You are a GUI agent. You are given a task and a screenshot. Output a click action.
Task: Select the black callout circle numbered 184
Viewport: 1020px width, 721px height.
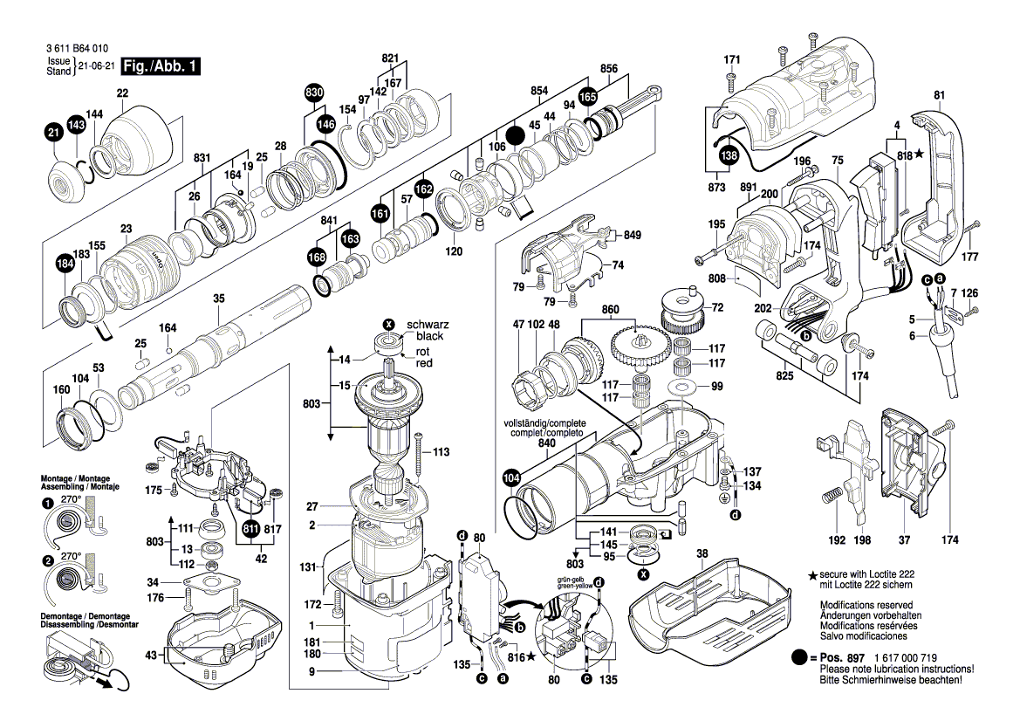[65, 265]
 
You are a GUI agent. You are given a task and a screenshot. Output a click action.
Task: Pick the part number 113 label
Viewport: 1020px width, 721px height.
[441, 452]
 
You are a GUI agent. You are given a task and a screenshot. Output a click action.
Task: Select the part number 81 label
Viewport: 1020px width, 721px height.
[939, 95]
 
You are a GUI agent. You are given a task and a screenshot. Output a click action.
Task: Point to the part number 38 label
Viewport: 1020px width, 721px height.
[702, 553]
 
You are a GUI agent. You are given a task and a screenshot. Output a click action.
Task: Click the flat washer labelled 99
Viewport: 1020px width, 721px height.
[681, 386]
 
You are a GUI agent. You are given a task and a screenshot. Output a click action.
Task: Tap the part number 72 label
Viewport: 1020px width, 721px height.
[718, 307]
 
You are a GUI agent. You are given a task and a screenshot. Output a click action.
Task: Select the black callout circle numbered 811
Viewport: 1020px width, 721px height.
[251, 528]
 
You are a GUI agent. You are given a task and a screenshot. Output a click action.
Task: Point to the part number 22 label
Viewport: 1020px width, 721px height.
[121, 93]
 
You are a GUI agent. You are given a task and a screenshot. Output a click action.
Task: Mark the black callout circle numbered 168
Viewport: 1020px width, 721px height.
[317, 257]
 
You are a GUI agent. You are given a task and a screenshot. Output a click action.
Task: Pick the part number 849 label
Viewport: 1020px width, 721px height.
[633, 235]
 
